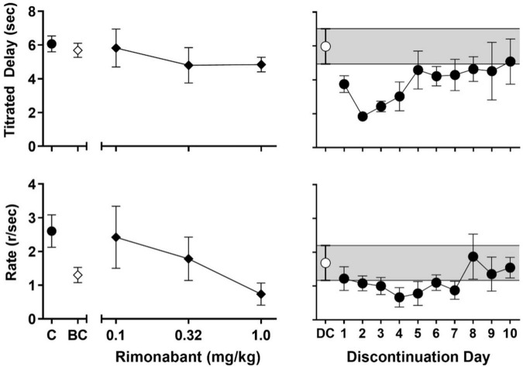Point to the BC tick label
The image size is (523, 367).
pos(77,335)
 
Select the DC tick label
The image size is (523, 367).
pos(325,335)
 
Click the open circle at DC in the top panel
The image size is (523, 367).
pos(326,46)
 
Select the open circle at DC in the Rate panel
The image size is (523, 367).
pos(326,263)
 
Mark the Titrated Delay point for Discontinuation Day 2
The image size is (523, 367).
pos(363,116)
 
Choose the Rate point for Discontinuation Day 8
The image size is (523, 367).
pos(473,256)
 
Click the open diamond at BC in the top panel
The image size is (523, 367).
pos(77,50)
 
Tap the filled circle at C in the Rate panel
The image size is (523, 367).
pos(51,231)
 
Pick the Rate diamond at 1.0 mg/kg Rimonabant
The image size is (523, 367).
pos(261,294)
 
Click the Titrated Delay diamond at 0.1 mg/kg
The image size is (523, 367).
pos(116,48)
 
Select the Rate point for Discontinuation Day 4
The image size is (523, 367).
pos(399,297)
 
